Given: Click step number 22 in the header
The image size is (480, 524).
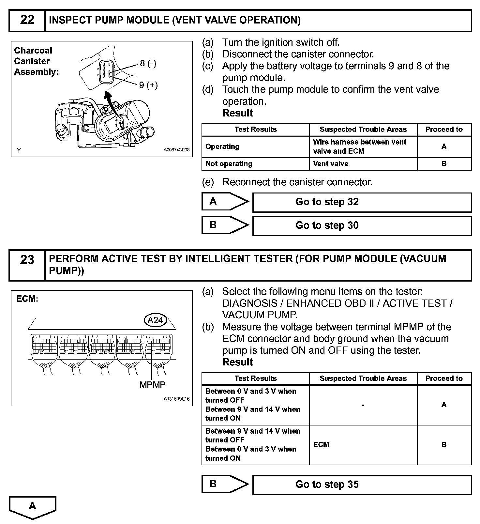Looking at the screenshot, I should coord(27,20).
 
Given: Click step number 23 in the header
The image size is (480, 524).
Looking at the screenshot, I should coord(27,260).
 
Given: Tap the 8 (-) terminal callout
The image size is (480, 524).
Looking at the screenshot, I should coord(148,63).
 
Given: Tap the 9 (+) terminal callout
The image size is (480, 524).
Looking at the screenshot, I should coord(148,85).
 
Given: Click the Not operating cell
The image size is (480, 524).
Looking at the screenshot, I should coord(229,164).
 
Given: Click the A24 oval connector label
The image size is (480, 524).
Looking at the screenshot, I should coord(155,320).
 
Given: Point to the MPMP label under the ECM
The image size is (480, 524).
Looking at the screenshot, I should coord(152,385).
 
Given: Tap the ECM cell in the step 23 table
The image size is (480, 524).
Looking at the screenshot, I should coord(321,445).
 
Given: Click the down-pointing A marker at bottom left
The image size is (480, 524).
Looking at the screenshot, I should coord(33,507).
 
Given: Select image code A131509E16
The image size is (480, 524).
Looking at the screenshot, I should coord(176,399).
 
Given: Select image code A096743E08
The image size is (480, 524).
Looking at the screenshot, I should coord(176,150).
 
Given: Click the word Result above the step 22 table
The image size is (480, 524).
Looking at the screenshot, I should coord(237,113).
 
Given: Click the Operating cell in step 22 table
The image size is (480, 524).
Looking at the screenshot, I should coord(222,147).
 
